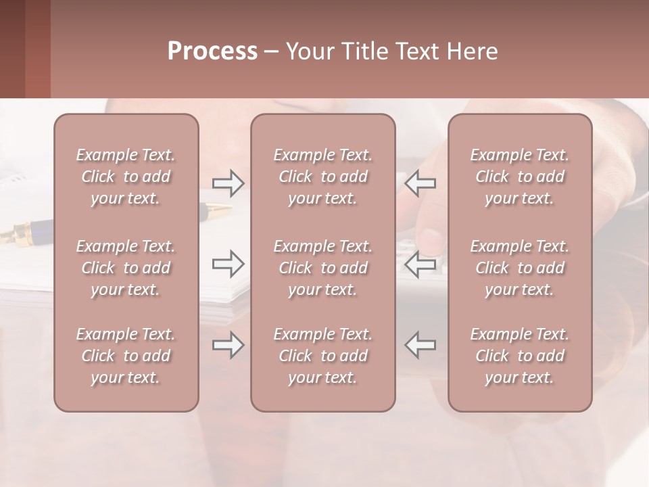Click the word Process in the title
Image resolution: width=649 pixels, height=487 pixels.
(x=212, y=51)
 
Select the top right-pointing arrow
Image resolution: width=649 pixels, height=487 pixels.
(x=228, y=183)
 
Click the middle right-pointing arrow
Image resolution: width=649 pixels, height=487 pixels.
(x=228, y=264)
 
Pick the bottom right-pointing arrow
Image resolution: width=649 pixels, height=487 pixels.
(x=228, y=345)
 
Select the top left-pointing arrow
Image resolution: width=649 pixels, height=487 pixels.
(x=420, y=183)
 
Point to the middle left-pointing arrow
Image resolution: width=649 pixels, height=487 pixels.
(x=420, y=264)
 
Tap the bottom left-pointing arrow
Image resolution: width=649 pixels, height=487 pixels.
(x=420, y=345)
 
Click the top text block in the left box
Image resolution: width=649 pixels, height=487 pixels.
(x=126, y=177)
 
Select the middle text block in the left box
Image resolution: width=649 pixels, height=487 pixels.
(x=126, y=268)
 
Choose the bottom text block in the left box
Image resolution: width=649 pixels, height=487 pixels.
(x=126, y=356)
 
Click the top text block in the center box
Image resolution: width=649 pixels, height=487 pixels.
(x=322, y=177)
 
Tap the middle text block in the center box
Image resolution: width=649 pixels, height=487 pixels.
(x=322, y=268)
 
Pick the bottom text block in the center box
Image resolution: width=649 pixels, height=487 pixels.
(x=322, y=356)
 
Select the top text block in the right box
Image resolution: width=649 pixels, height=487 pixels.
(x=519, y=177)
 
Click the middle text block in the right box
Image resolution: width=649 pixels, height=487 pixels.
(x=519, y=268)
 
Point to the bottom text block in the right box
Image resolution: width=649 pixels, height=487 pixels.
(x=519, y=356)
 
